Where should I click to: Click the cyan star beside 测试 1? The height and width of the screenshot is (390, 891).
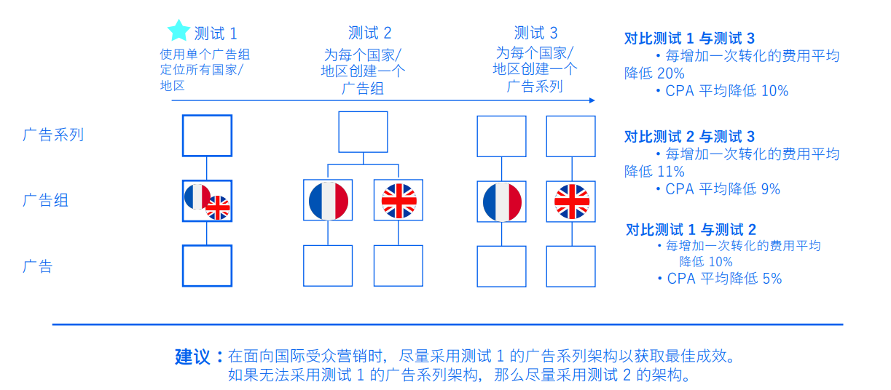point(178,31)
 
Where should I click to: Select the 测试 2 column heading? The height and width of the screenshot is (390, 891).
point(369,33)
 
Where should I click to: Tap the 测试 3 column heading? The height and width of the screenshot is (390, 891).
point(535,33)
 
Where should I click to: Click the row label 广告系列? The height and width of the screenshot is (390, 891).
point(53,135)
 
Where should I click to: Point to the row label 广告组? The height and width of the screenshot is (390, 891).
point(45,200)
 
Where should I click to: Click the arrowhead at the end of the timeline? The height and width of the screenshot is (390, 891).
point(592,100)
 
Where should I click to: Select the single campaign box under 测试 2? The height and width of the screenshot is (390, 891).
point(363,132)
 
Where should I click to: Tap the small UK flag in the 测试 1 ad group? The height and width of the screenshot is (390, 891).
point(218,207)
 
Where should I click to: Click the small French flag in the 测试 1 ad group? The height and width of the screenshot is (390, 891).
point(197,196)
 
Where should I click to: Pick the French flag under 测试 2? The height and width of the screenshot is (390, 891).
point(328,201)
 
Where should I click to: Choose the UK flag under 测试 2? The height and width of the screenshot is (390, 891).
point(399,201)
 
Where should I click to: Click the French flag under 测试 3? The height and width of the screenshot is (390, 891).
point(502,202)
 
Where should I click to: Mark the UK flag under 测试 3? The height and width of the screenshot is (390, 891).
point(572,202)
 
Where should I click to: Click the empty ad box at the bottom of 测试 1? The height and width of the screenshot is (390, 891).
point(207,266)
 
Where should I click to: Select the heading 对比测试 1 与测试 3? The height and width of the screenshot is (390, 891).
point(689,39)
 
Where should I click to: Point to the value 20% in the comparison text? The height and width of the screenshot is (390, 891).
point(671,73)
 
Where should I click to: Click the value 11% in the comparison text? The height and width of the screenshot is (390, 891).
point(671,172)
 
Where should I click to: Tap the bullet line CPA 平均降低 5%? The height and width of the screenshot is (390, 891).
point(721,279)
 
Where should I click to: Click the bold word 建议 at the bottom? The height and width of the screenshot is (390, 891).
point(192,357)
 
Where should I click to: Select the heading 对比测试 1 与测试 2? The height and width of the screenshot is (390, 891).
point(691,229)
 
